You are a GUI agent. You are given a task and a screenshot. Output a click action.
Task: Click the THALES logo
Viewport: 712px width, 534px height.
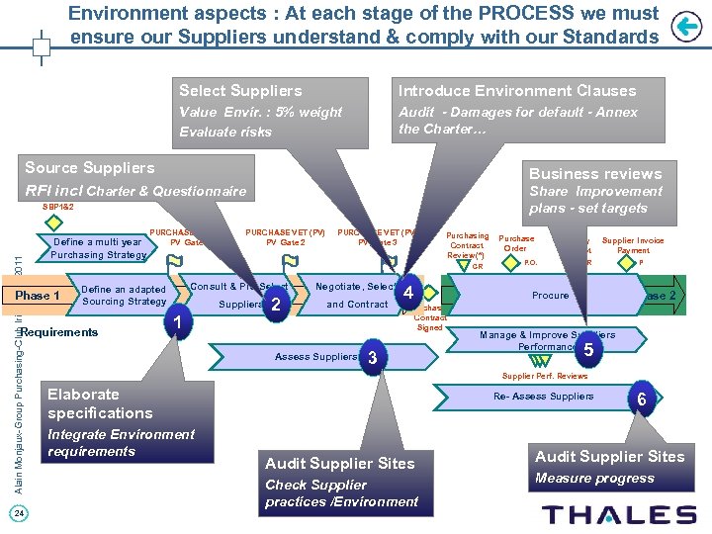coord(620,513)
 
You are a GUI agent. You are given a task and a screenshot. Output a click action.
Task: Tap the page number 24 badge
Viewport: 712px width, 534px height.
coord(22,511)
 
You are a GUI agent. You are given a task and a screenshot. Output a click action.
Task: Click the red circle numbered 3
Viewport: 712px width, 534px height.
coord(372,356)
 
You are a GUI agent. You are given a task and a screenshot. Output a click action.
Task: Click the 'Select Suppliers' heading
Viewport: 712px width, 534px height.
coord(240,91)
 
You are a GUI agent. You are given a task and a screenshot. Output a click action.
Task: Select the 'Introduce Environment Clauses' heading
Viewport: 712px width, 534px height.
coord(517,91)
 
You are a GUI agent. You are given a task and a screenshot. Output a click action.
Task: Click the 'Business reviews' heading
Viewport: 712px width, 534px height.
coord(595,173)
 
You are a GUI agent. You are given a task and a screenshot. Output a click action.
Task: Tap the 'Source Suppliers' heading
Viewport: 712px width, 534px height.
coord(90,168)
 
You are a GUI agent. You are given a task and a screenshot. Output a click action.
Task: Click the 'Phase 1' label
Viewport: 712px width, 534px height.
coord(38,296)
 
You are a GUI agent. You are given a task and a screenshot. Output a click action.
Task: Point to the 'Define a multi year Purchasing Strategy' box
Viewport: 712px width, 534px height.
coord(98,248)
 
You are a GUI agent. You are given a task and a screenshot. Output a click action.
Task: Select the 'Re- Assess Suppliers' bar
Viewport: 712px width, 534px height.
coord(544,397)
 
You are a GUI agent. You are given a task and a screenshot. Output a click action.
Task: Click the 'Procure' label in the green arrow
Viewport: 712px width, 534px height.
coord(551,296)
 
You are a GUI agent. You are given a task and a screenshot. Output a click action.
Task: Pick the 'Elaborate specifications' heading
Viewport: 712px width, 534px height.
coord(100,403)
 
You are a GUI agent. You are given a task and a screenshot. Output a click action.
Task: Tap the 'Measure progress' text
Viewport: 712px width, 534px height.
coord(594,479)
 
